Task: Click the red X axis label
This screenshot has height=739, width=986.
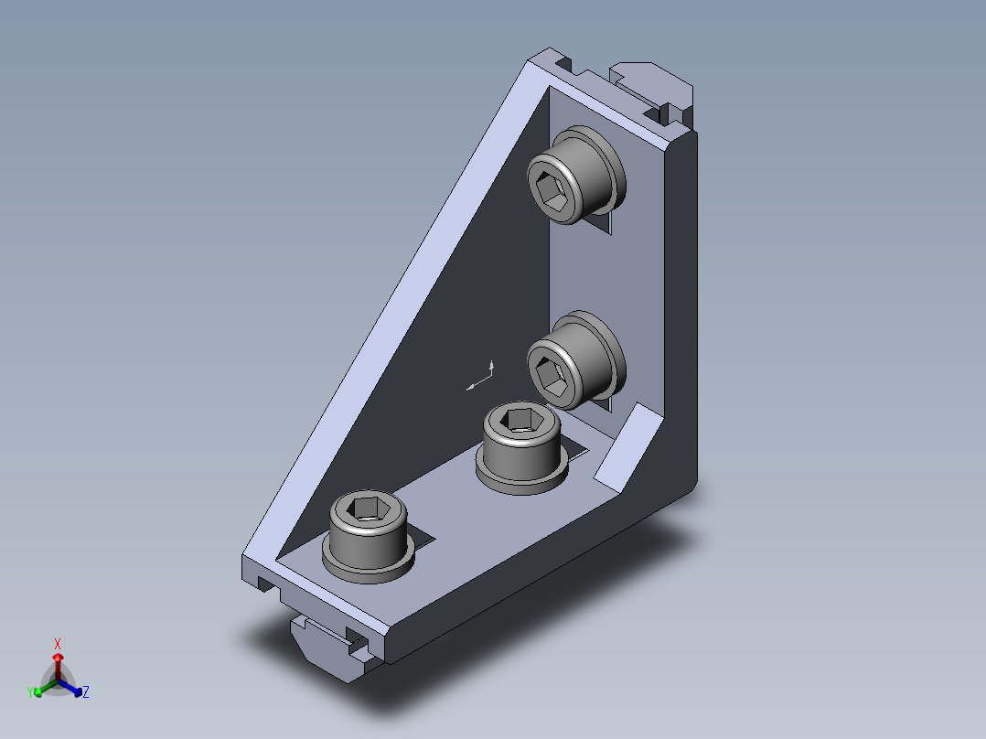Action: tap(58, 643)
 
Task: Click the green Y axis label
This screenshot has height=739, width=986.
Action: tap(30, 692)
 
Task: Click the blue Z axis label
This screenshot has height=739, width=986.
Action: tap(86, 691)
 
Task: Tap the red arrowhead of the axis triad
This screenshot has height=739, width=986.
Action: tap(58, 658)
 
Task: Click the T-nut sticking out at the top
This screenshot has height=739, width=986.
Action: tap(654, 88)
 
